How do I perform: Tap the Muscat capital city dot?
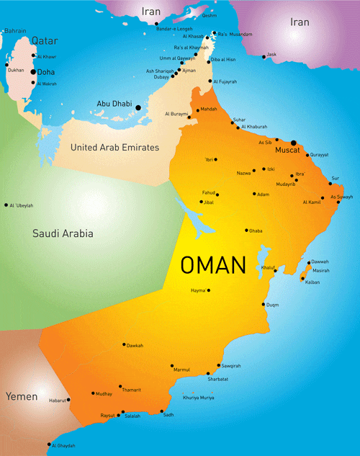point(293,143)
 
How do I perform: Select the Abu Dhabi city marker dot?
point(138,107)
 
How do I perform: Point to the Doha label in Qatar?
point(47,71)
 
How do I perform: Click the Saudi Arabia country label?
point(63,233)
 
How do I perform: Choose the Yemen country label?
point(22,396)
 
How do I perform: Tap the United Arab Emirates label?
point(114,147)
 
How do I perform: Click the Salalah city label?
point(132,416)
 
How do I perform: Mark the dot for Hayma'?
point(210,290)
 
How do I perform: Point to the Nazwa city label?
point(244,173)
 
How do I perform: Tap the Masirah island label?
point(321,270)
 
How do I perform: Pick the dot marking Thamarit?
point(120,386)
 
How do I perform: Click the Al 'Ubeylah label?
point(22,205)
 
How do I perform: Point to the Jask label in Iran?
point(271,53)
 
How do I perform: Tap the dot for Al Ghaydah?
point(49,444)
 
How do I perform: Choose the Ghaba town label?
point(256,231)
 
